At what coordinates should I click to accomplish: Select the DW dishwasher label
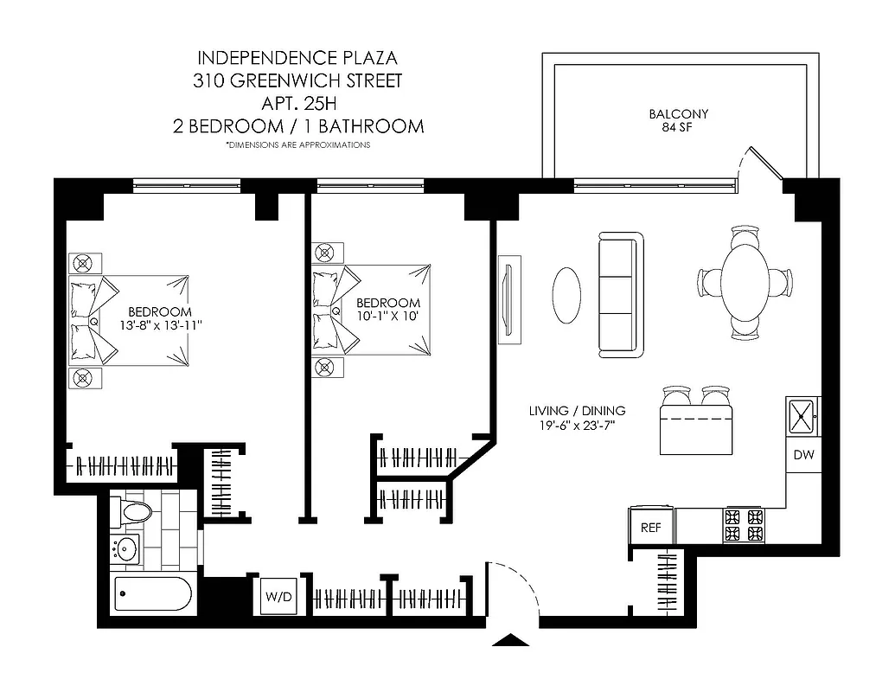(x=803, y=455)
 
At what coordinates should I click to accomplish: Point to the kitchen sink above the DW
(x=803, y=416)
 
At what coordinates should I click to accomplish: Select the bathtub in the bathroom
(x=153, y=595)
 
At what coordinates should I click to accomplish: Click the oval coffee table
(x=567, y=293)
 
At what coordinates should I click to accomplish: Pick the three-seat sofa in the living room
(x=620, y=295)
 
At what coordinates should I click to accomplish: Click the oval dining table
(x=745, y=282)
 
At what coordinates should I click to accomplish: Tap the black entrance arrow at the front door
(x=510, y=641)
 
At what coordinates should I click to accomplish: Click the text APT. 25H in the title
(x=298, y=104)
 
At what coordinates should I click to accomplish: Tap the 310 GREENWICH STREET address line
(x=298, y=82)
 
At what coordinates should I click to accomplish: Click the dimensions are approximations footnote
(x=298, y=145)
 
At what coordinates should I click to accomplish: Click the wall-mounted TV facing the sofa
(x=509, y=294)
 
